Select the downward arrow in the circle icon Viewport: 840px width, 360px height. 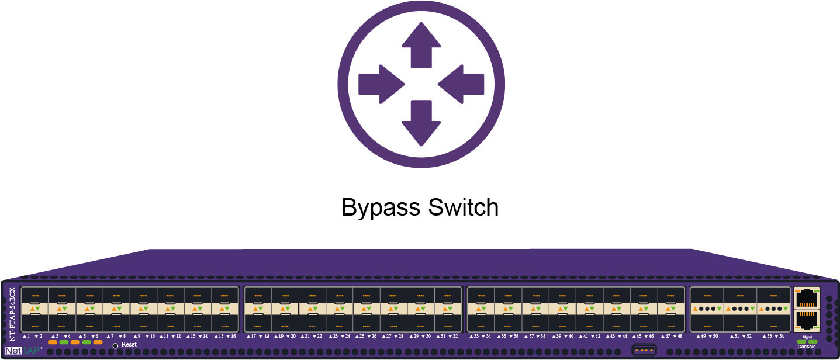(421, 122)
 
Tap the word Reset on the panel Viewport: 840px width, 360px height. (129, 345)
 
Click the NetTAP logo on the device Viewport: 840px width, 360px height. (23, 351)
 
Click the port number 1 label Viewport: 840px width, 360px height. (28, 337)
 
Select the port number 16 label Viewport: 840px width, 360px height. (233, 337)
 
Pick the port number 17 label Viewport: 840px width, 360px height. (253, 337)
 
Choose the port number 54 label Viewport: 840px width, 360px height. (781, 337)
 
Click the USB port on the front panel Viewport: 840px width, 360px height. (644, 350)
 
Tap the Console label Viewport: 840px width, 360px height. (807, 347)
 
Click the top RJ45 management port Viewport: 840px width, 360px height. (807, 298)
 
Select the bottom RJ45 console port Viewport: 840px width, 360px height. (807, 321)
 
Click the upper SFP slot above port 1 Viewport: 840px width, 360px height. (34, 296)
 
